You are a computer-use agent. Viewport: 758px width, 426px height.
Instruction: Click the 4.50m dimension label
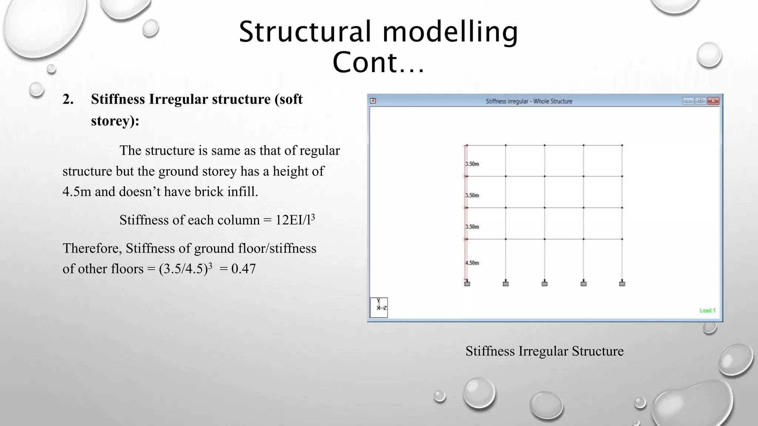472,263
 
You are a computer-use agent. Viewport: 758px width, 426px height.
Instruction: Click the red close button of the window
713,101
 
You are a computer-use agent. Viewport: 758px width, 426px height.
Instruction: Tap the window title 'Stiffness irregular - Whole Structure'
529,101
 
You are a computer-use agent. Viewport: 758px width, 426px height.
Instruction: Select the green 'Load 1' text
707,311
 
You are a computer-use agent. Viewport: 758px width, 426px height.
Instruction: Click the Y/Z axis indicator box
379,307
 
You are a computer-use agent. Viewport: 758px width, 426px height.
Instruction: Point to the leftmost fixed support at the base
467,283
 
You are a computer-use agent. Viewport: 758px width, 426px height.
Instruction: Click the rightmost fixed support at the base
622,283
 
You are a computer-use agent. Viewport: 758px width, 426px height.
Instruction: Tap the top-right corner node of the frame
622,145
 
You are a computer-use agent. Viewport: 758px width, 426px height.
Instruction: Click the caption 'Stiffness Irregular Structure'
544,351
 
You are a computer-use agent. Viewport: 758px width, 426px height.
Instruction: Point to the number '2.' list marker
68,99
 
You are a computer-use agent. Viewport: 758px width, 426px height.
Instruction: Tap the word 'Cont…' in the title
378,62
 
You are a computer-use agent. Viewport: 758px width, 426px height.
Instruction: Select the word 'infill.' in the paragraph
242,192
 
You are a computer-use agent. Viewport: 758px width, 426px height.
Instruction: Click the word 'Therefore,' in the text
92,248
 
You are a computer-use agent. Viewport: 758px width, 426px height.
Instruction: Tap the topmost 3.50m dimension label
472,164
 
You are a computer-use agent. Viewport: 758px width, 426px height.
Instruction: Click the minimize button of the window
688,101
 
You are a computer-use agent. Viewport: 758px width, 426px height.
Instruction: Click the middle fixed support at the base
544,283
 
